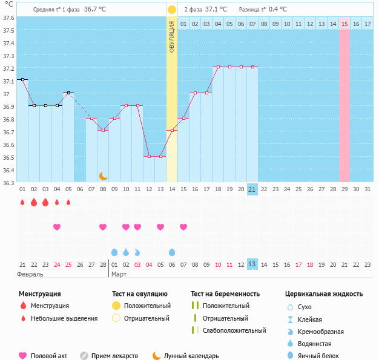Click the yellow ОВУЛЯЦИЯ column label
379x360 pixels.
(x=172, y=36)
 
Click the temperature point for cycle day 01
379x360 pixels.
(x=22, y=79)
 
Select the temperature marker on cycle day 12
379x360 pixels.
(x=149, y=156)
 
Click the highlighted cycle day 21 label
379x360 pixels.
(x=252, y=189)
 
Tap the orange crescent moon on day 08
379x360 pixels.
(x=104, y=176)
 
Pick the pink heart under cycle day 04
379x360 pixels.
(x=57, y=227)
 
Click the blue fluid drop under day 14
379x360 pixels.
(x=172, y=252)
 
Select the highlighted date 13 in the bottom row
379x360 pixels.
(x=252, y=264)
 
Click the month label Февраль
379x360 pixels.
(x=30, y=274)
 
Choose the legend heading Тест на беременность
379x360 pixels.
(x=225, y=294)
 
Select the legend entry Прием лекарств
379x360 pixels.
(x=114, y=356)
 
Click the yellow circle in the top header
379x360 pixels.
(x=172, y=10)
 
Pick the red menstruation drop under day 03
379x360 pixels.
(x=45, y=202)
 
